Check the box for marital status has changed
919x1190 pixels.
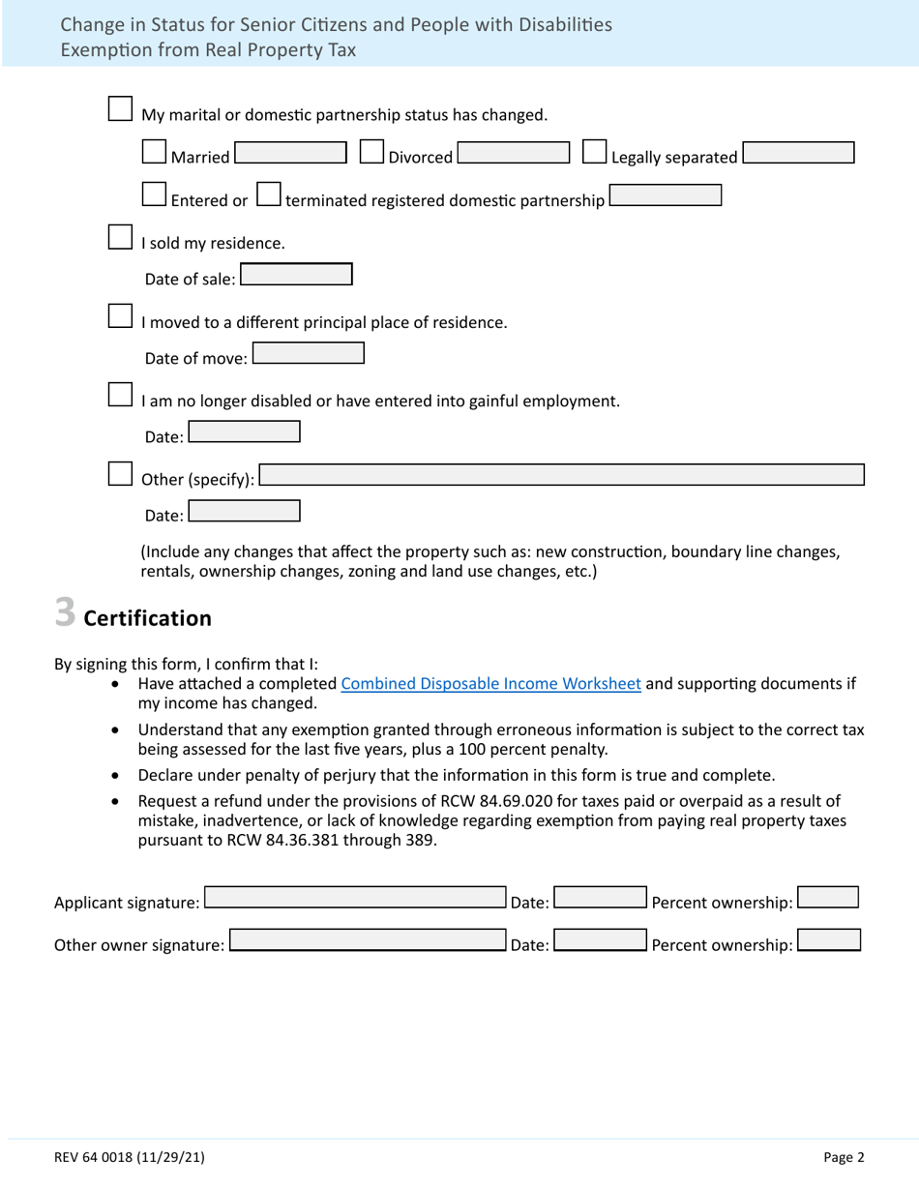click(x=120, y=108)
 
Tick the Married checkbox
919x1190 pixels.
click(x=154, y=152)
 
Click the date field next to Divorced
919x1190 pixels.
click(x=514, y=153)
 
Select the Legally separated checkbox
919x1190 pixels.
click(x=595, y=152)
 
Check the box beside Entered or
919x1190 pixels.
click(x=154, y=194)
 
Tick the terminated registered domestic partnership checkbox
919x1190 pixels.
click(x=269, y=194)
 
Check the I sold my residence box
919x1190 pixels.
click(x=120, y=237)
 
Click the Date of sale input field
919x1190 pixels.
click(x=296, y=275)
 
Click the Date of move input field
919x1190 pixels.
click(x=309, y=354)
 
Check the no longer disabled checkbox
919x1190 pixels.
click(x=120, y=395)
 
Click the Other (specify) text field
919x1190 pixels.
click(x=562, y=475)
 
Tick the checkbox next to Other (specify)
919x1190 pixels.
click(x=120, y=473)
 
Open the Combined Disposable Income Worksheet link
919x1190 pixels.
click(x=490, y=684)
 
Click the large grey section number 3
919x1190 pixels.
click(x=65, y=613)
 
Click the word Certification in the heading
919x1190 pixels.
click(x=147, y=618)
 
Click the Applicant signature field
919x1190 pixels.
click(x=355, y=898)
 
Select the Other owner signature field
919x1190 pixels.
click(x=368, y=940)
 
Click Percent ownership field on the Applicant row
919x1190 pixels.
click(x=828, y=898)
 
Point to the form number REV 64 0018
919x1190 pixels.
click(x=129, y=1157)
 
